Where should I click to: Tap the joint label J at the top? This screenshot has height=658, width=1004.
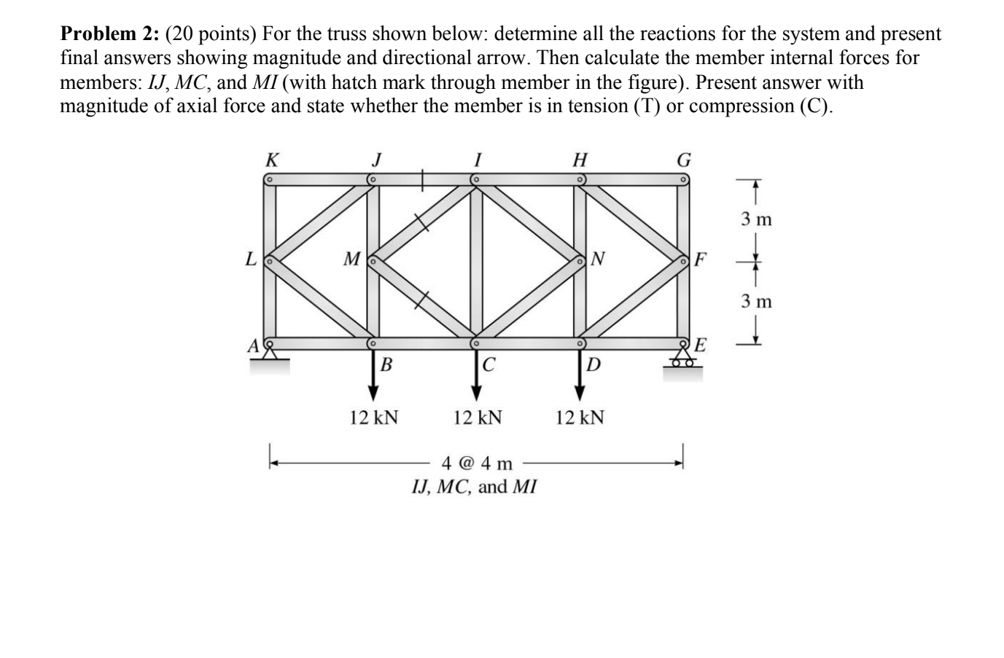pos(376,159)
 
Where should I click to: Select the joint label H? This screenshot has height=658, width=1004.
pos(580,159)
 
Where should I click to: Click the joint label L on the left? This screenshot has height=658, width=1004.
pos(251,259)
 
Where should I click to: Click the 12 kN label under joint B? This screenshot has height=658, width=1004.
pos(373,418)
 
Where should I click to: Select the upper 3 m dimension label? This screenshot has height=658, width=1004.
pos(756,219)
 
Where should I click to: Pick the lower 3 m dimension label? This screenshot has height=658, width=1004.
pos(756,300)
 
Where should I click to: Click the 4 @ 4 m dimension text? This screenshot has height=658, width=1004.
pos(478,463)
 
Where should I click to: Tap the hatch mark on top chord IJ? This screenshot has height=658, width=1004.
pos(424,179)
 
